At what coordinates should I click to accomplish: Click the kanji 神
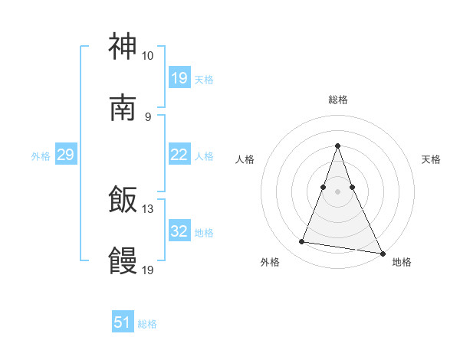(x=123, y=47)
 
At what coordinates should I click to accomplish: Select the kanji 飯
(x=123, y=201)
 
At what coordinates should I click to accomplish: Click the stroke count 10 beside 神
(x=147, y=56)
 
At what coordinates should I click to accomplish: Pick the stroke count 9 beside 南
(x=147, y=117)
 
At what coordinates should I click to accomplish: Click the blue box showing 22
(x=179, y=155)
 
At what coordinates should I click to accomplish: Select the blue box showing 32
(x=179, y=231)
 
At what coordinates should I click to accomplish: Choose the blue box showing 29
(x=65, y=155)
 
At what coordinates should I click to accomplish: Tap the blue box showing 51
(x=123, y=322)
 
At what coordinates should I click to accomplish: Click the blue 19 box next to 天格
(x=179, y=78)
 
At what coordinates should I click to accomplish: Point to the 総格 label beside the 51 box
(x=147, y=324)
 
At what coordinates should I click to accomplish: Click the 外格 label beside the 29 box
(x=41, y=156)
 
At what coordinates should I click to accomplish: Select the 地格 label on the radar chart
(x=402, y=262)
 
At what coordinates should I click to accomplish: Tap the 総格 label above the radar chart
(x=337, y=100)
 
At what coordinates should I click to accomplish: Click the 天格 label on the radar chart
(x=432, y=159)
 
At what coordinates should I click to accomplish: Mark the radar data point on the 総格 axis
(x=337, y=146)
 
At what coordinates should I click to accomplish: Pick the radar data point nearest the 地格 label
(x=381, y=253)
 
